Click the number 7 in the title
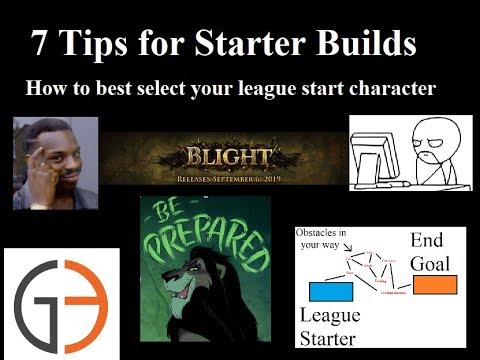coord(41,43)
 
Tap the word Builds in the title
coord(358,43)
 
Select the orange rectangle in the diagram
coord(434,284)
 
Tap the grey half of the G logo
coord(39,300)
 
